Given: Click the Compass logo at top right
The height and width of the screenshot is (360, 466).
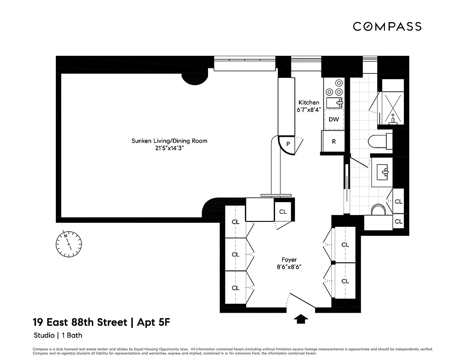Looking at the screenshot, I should click(x=387, y=27).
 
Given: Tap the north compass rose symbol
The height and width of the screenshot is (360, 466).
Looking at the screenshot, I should click(x=68, y=243).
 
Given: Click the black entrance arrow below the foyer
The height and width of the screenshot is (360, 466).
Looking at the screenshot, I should click(x=301, y=319).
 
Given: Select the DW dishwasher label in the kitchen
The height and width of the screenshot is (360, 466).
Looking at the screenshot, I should click(x=334, y=120).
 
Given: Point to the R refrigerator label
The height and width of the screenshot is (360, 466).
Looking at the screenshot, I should click(x=334, y=141).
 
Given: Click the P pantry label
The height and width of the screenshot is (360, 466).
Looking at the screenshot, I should click(x=287, y=144).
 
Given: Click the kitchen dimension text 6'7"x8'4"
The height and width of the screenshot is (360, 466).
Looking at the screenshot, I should click(x=308, y=109).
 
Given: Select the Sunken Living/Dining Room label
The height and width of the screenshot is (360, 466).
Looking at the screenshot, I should click(x=169, y=141).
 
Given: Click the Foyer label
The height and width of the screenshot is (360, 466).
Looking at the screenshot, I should click(x=289, y=260).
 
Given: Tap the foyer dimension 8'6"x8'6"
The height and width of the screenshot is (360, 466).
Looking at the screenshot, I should click(x=289, y=267).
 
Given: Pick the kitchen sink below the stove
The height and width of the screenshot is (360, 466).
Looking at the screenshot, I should click(x=334, y=103).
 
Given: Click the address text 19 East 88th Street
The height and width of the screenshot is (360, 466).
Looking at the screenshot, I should click(x=78, y=322).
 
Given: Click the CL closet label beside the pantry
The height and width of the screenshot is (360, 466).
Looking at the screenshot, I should click(x=283, y=211).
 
